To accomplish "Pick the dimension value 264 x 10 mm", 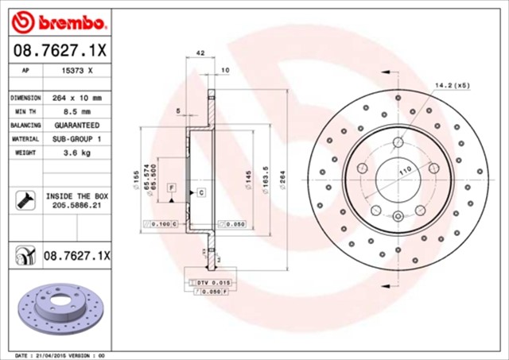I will tap(76, 98).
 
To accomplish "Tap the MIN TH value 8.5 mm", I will tap(76, 112).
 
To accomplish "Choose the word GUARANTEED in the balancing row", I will tap(76, 126).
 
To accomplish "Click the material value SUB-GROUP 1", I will tap(76, 139).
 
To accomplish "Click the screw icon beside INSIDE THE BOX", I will tap(24, 199).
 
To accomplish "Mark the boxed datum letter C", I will tap(200, 193).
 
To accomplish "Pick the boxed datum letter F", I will tap(171, 186).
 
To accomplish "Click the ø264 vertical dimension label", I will tap(282, 173).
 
